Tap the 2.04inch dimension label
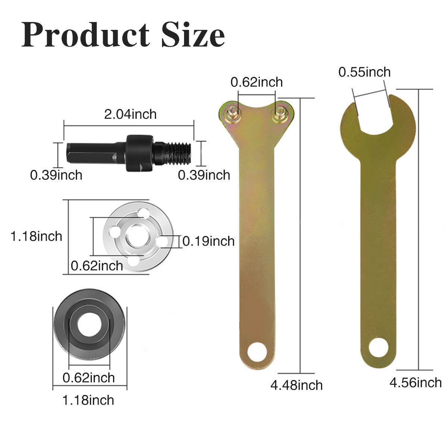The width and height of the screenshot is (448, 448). point(130,114)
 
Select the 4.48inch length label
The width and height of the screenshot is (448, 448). point(296,385)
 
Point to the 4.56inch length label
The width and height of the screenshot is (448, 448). point(415,382)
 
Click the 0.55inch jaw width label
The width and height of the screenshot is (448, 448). point(364,72)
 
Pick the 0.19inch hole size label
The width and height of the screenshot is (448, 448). point(208,241)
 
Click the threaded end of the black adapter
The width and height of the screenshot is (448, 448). point(180,153)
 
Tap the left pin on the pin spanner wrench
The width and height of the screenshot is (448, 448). point(232,111)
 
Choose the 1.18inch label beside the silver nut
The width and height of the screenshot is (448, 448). point(36,236)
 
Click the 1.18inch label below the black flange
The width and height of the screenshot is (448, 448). point(88,400)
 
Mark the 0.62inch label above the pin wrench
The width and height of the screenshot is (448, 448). point(256,82)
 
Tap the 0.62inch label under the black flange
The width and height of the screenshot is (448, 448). point(88,377)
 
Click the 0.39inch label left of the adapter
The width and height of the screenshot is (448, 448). point(56,175)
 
